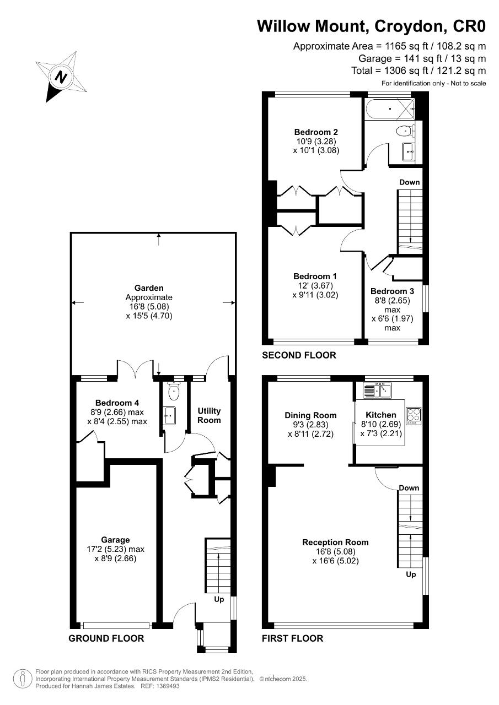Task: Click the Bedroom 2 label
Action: pos(316,132)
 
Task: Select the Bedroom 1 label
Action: pos(315,276)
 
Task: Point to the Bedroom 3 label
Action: pos(392,291)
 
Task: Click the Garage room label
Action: pos(115,540)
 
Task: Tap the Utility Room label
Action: pos(209,415)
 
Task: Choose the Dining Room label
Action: pos(310,415)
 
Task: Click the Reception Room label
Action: pos(335,543)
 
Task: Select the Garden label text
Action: pos(149,288)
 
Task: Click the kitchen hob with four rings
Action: pos(414,415)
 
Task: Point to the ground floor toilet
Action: pos(174,392)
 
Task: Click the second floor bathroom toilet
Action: pos(404,131)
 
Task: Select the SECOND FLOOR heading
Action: pos(299,355)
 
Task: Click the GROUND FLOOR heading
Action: pos(106,638)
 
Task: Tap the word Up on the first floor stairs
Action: pos(411,574)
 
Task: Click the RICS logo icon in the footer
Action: pos(22,679)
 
